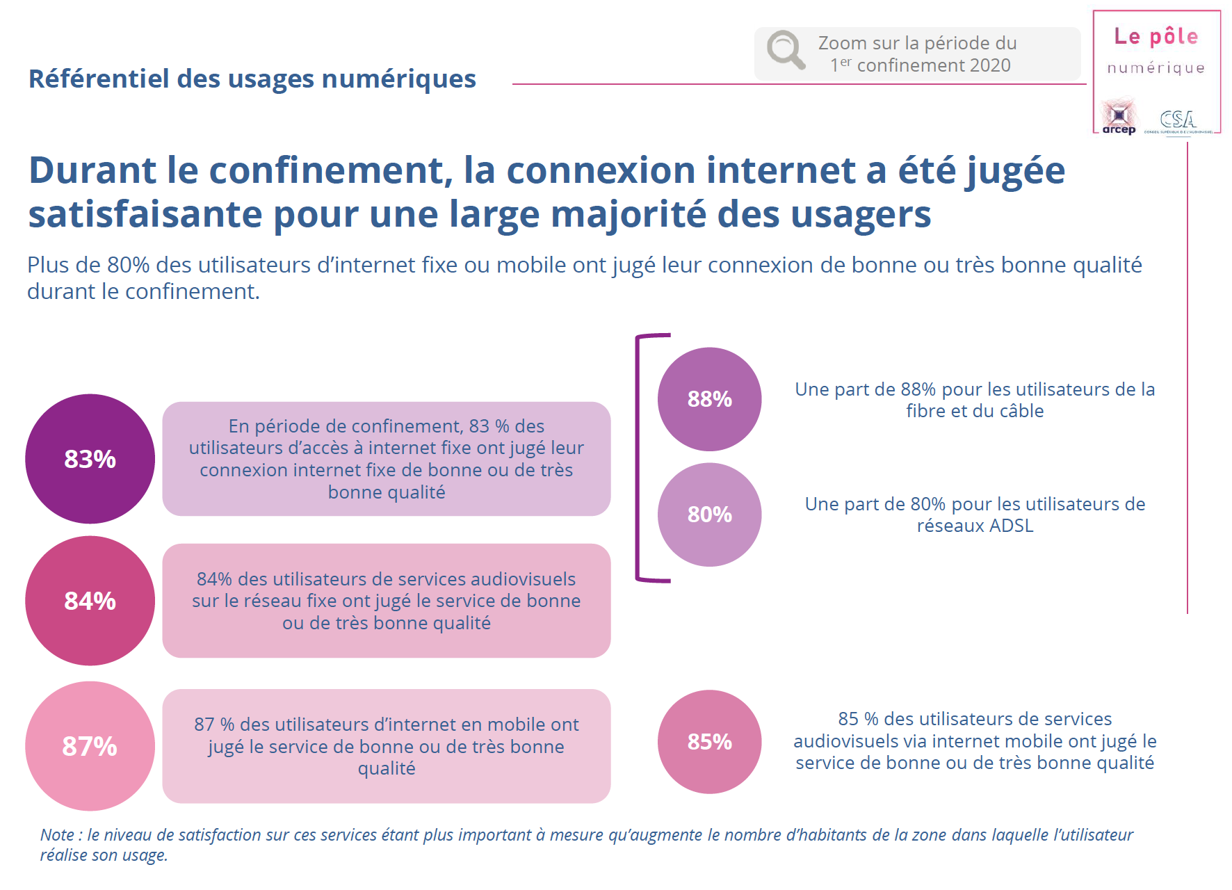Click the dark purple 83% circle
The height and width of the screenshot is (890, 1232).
click(90, 459)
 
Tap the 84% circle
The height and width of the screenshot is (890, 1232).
click(90, 601)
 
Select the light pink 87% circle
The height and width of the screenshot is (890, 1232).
click(90, 746)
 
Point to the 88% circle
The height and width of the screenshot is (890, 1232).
click(709, 399)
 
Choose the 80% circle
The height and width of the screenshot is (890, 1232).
click(709, 515)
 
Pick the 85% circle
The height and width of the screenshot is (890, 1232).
click(709, 742)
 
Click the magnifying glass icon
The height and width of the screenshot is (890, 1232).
click(786, 50)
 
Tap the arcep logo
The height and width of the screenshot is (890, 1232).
click(1119, 117)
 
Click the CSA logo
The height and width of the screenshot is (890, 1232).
click(1178, 120)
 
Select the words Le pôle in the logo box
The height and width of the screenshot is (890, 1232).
click(1156, 36)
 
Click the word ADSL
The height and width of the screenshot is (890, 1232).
click(1011, 526)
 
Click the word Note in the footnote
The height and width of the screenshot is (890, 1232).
click(57, 835)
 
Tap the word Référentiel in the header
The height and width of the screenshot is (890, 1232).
click(99, 79)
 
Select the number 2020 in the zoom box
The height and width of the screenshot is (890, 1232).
click(989, 65)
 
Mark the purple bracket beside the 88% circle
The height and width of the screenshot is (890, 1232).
click(638, 457)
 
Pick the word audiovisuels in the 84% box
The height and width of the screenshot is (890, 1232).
click(522, 579)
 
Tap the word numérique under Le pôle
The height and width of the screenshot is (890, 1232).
click(1156, 68)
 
